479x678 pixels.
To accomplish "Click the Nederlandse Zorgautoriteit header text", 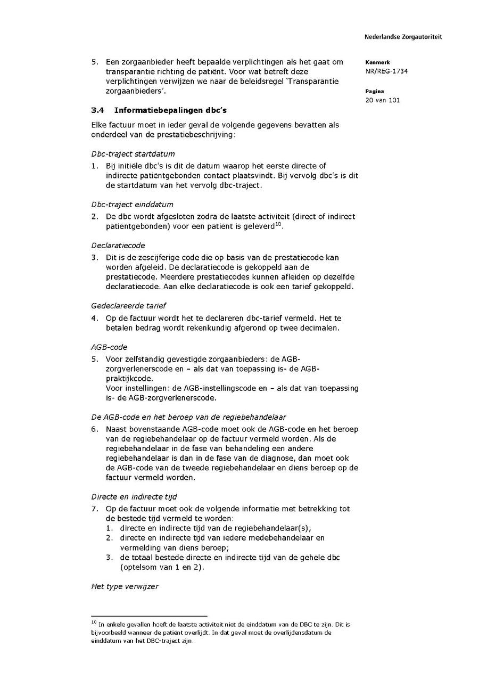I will [x=403, y=37].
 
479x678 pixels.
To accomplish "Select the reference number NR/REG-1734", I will [x=386, y=71].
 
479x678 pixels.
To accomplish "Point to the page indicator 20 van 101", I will [x=383, y=100].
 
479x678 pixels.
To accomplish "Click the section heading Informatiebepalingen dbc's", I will [x=170, y=111].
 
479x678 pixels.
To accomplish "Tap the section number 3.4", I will [x=97, y=111].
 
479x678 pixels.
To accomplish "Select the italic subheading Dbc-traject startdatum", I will [x=133, y=154].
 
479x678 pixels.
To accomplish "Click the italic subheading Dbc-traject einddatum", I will [x=132, y=205].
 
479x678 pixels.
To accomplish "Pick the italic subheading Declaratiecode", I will [x=118, y=246].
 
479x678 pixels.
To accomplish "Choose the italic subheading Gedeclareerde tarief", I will [x=128, y=306].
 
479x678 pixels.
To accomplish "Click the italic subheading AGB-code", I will [x=109, y=347].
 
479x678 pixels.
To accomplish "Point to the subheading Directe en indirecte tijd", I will [x=134, y=496].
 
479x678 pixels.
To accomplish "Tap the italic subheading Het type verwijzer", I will [x=125, y=587].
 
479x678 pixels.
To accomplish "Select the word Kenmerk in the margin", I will [x=377, y=62].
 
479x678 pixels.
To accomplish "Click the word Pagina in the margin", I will [x=375, y=91].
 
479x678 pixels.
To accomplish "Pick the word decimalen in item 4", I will [x=320, y=328].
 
